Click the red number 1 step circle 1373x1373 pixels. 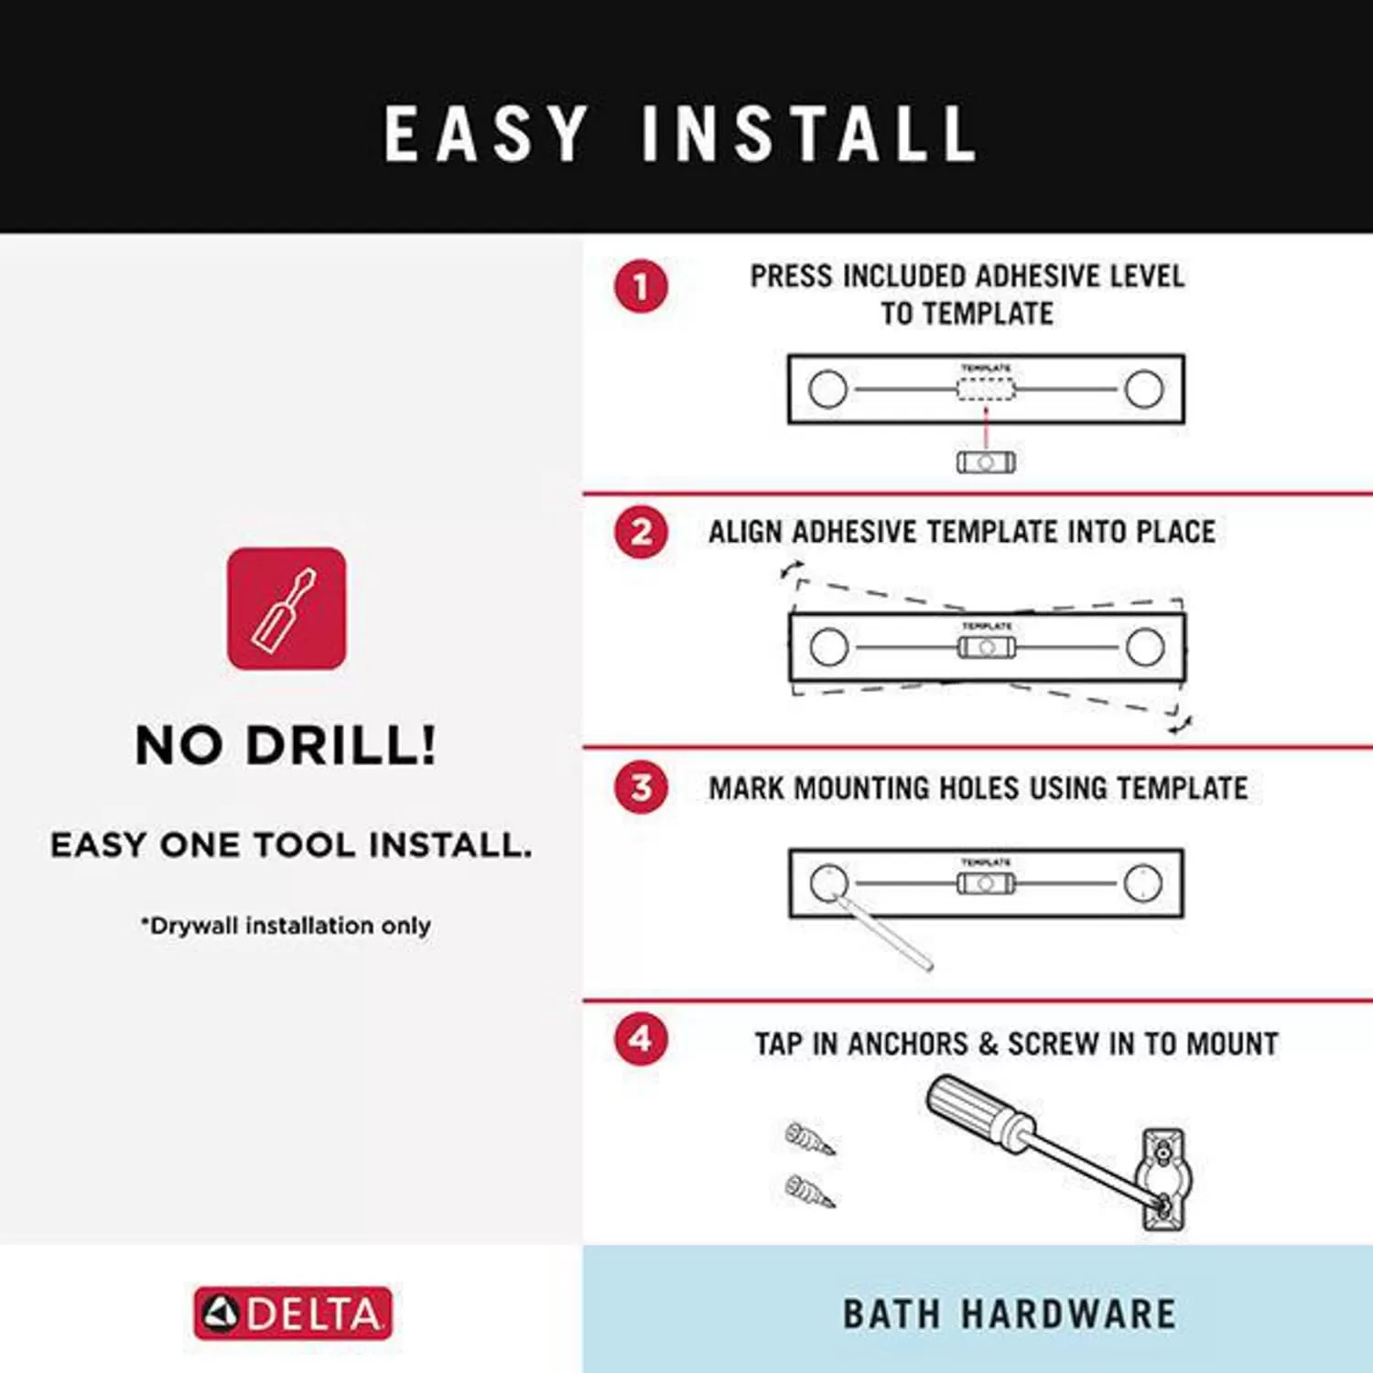point(641,286)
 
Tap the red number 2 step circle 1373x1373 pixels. point(641,532)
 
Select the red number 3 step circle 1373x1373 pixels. point(641,787)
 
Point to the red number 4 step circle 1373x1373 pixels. point(641,1039)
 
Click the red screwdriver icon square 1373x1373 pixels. point(286,608)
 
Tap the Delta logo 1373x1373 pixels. point(293,1314)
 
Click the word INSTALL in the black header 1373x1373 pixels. point(809,134)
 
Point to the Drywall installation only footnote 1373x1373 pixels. point(286,925)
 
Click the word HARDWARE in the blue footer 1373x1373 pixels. point(1068,1314)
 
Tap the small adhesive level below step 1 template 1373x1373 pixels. point(986,462)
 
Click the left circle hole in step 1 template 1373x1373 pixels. point(828,389)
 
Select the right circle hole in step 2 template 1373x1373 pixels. point(1145,647)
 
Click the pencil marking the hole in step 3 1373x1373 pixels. point(883,932)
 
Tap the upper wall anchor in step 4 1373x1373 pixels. point(810,1139)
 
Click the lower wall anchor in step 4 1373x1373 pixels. point(810,1191)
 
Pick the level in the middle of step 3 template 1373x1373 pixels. point(986,884)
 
